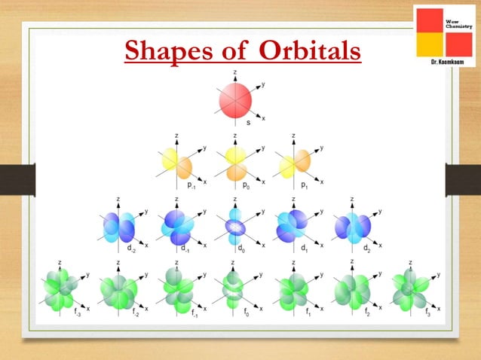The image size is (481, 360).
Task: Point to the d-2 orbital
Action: (x=118, y=225)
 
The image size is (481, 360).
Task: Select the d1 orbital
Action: (x=293, y=225)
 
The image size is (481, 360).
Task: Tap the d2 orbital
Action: (x=352, y=225)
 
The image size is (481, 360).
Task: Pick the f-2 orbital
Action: (x=118, y=289)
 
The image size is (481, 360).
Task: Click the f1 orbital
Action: (x=293, y=289)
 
